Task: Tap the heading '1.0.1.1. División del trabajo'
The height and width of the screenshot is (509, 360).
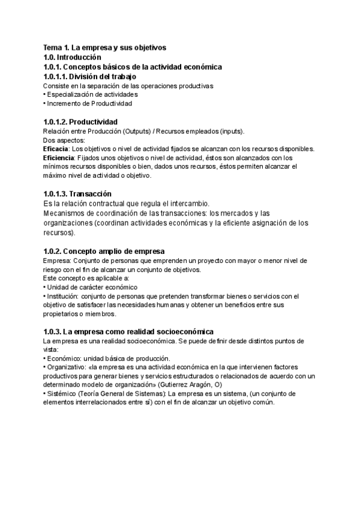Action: coord(90,77)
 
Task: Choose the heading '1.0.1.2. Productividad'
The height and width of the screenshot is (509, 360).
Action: coord(80,122)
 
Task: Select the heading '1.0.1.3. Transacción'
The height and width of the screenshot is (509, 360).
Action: coord(77,194)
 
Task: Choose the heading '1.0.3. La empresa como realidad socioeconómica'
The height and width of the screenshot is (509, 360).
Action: coord(128,332)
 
